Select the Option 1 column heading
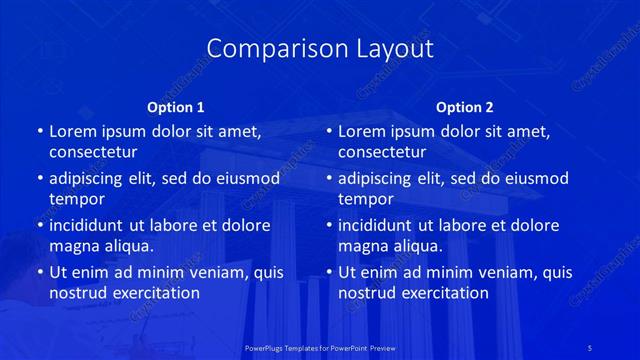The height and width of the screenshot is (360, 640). [x=176, y=107]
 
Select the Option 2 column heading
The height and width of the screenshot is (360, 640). [x=465, y=107]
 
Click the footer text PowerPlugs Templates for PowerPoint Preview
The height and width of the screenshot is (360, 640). [x=320, y=346]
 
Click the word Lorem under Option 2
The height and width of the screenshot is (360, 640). [x=363, y=131]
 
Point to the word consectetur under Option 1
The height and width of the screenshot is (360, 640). [x=93, y=152]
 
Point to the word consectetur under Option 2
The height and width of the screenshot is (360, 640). [x=382, y=152]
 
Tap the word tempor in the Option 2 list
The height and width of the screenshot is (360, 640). [x=363, y=198]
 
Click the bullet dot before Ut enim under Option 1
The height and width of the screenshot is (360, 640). [x=39, y=272]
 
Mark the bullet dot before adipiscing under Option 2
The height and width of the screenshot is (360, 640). [x=328, y=179]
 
